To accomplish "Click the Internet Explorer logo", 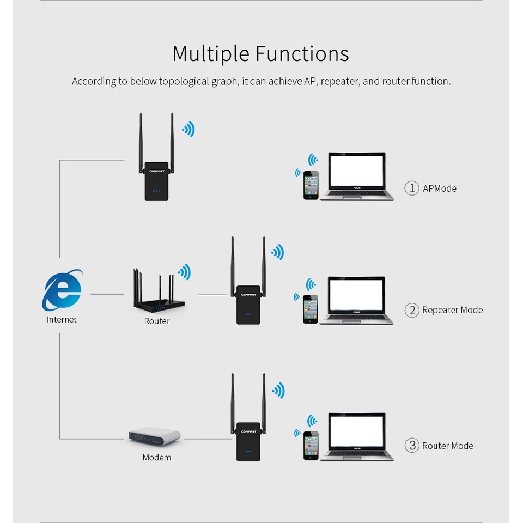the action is (62, 290).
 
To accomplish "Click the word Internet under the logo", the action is (62, 320).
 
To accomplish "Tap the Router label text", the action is (157, 321).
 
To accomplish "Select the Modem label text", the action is (157, 458).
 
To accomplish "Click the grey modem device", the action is (155, 436).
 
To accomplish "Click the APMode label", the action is (440, 188).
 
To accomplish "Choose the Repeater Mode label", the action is (452, 310).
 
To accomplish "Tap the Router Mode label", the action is (448, 446).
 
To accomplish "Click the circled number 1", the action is (412, 188).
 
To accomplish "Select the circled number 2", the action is (412, 311).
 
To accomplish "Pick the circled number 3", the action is (412, 446).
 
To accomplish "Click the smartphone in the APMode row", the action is (311, 185).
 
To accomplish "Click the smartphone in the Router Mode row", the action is (311, 446).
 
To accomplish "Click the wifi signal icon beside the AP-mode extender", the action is (188, 129).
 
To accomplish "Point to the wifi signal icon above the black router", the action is (185, 272).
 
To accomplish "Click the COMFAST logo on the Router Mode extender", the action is (248, 431).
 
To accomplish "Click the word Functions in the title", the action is (302, 54).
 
